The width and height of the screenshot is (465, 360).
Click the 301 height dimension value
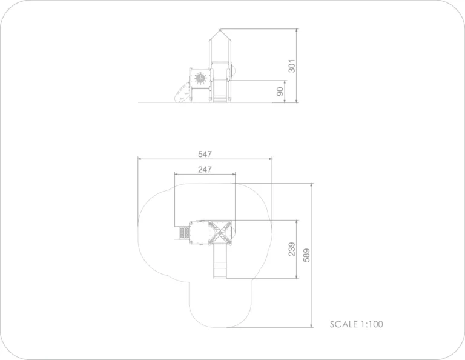[x=292, y=66]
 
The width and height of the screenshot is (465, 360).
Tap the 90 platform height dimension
[x=280, y=92]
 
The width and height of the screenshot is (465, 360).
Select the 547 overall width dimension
[x=205, y=154]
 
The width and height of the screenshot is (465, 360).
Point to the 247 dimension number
[x=205, y=170]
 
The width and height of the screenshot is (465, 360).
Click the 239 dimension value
[x=292, y=249]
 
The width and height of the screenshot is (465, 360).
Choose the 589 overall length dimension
[x=306, y=255]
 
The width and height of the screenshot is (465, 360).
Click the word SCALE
[x=344, y=324]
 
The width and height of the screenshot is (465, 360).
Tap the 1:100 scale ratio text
[x=372, y=324]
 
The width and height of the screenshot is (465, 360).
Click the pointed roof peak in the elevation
[x=220, y=29]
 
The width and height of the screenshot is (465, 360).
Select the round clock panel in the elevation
[x=200, y=78]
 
